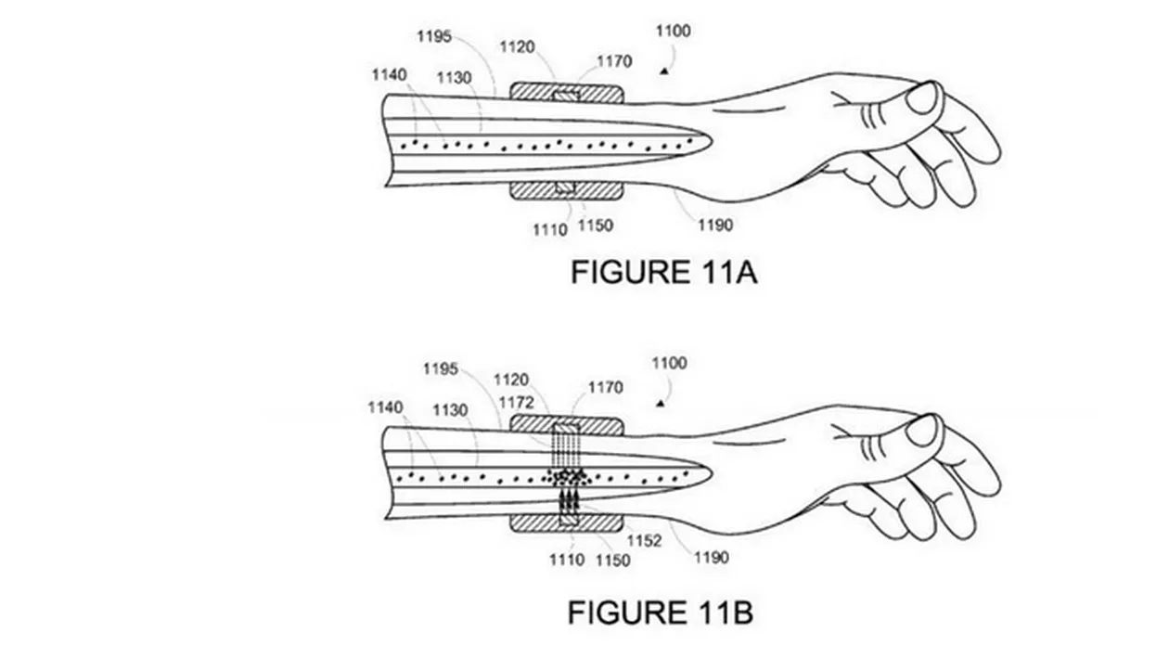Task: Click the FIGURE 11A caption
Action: pos(663,272)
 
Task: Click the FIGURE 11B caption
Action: pos(661,613)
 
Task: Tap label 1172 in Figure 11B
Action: pos(517,402)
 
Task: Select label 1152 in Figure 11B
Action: pos(644,540)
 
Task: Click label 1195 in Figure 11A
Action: pos(433,36)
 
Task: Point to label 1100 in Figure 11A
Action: pos(673,31)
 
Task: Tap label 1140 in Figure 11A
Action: pos(390,75)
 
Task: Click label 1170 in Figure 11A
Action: pos(613,61)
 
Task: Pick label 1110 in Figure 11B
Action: pos(566,560)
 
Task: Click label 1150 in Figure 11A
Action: pos(596,226)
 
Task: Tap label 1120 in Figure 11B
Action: pos(511,380)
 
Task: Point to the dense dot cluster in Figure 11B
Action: pos(568,477)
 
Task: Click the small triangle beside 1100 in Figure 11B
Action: pos(662,404)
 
